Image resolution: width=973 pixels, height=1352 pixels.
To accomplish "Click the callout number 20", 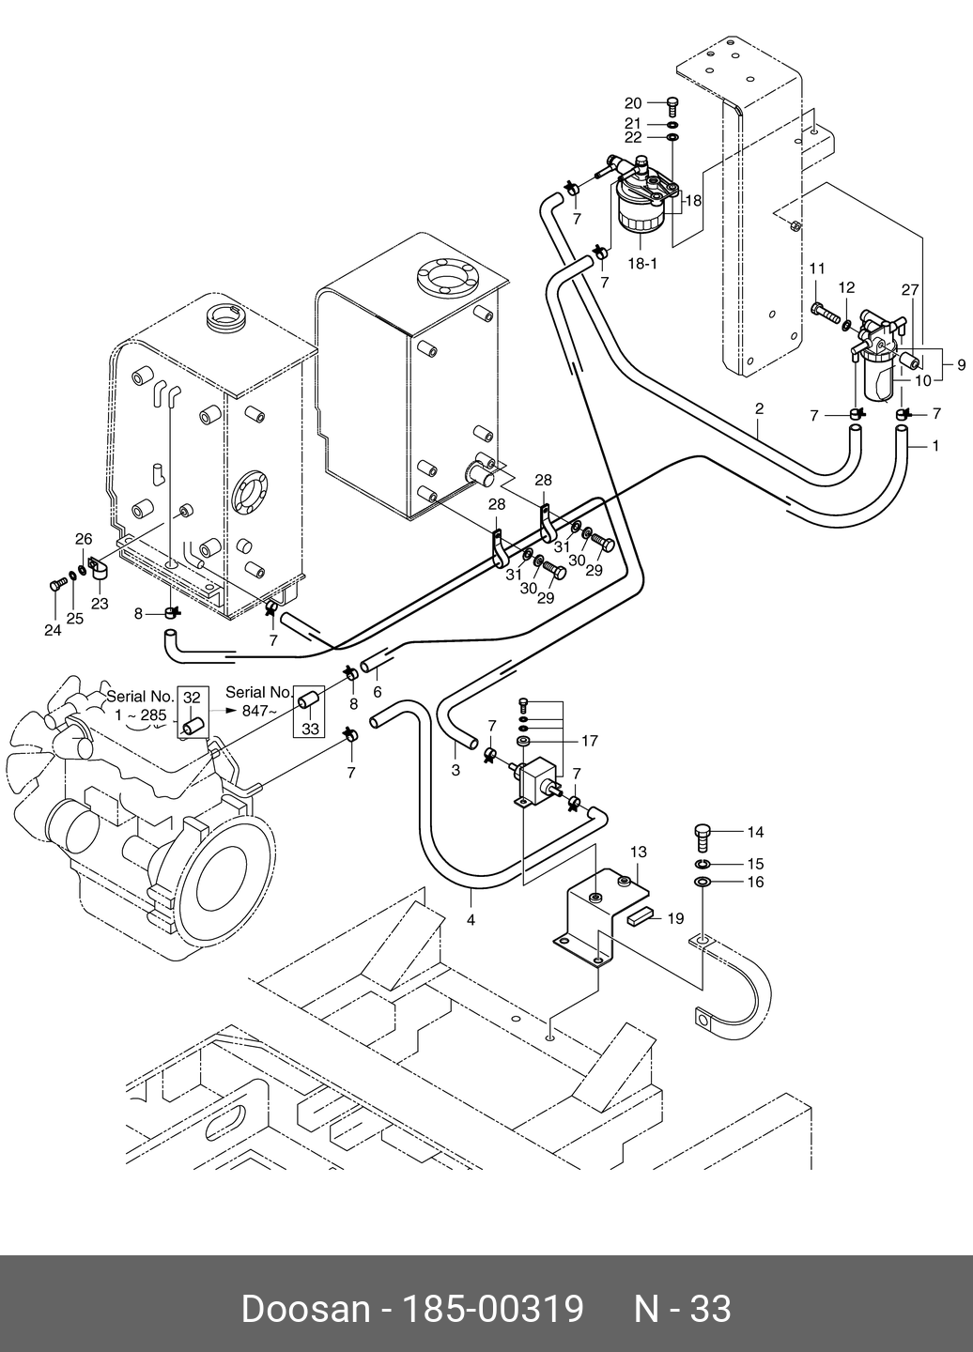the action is pos(633,104).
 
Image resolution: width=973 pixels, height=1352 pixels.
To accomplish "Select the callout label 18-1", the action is pos(642,264).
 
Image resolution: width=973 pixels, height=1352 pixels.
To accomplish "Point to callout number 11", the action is pos(817,268).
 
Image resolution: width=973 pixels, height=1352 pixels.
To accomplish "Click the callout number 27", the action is pos(910,290).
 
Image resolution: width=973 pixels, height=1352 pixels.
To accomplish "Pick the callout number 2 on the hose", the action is pos(759,408).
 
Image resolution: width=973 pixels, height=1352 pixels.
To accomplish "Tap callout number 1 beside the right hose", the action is pos(935,446).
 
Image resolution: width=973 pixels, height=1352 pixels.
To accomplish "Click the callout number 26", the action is pos(84,539).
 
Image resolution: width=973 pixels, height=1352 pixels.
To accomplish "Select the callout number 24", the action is pos(54,630).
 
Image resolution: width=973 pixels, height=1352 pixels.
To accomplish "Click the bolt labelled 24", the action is pos(57,584).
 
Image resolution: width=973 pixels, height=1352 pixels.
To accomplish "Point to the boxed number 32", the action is pos(192,698).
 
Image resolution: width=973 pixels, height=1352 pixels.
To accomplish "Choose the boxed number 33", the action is pos(310,729).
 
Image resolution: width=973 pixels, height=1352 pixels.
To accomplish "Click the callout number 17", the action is pos(589,741).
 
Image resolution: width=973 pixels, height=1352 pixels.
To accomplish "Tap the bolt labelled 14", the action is pos(703,837).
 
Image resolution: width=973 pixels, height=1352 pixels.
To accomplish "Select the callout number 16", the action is pos(756,882).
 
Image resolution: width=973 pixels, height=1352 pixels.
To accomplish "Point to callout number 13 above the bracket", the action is pos(639,852).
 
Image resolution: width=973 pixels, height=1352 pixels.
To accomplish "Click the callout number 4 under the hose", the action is pos(471,920).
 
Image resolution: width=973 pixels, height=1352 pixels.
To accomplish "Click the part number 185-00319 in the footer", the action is pos(492,1309).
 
